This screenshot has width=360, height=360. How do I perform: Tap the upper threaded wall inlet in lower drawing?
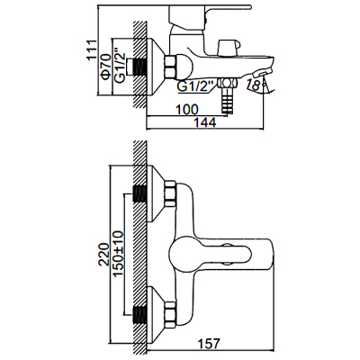coord(140,193)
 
